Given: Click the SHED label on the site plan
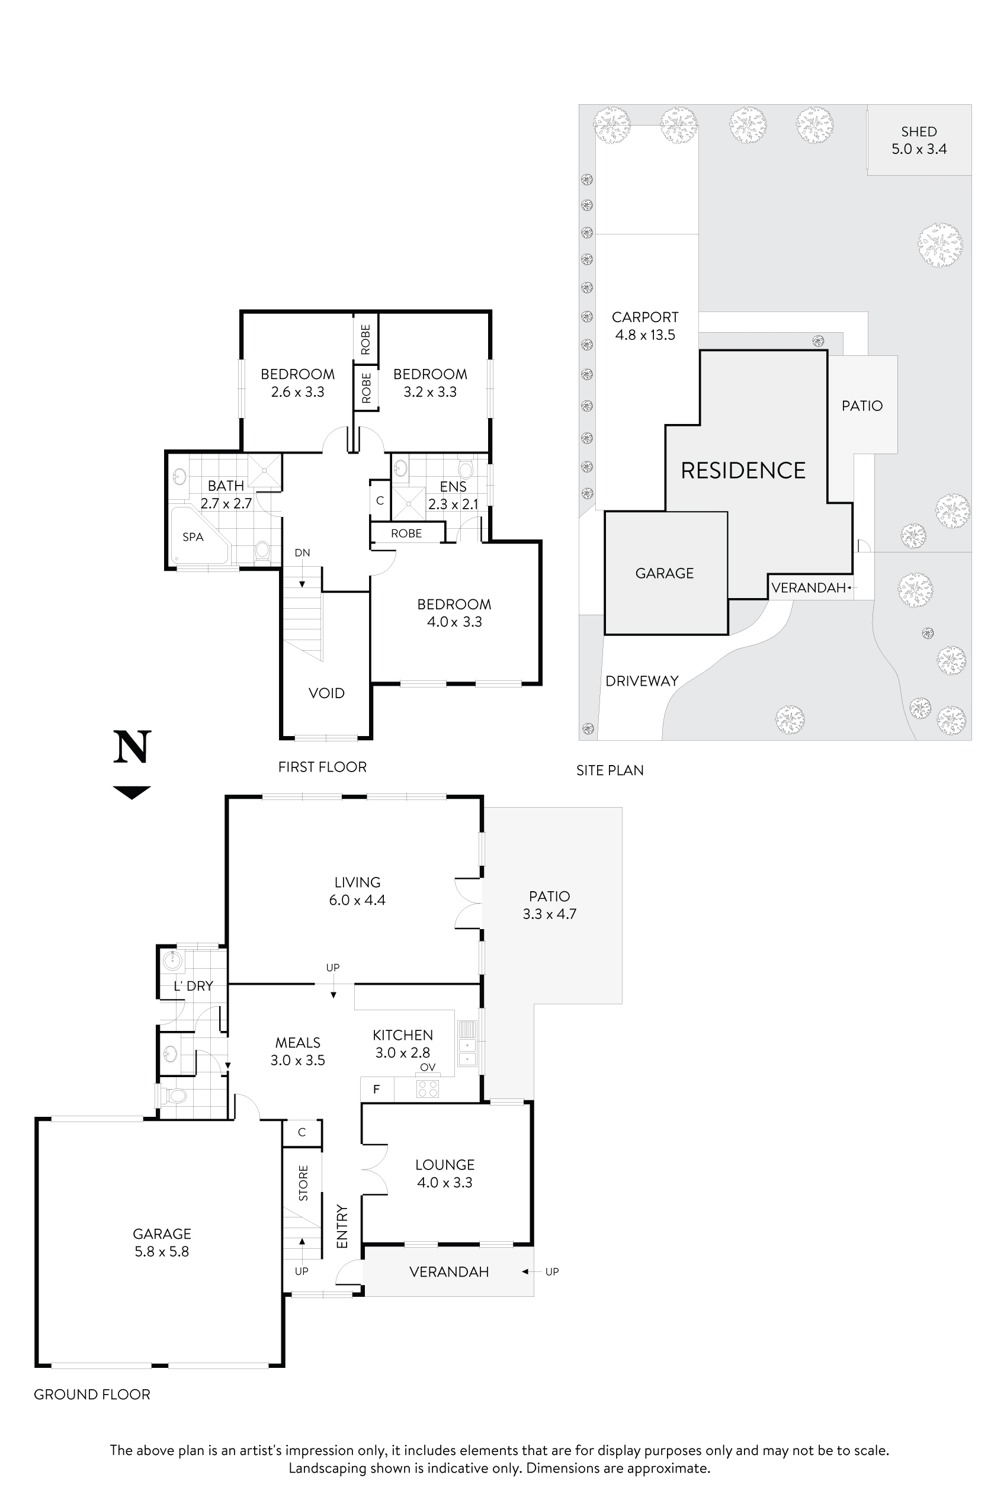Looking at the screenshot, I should [918, 131].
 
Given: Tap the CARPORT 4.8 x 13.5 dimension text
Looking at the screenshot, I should [645, 335].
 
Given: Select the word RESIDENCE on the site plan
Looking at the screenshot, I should [743, 471].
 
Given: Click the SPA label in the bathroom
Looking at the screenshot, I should [193, 536].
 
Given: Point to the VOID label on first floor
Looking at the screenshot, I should [326, 693].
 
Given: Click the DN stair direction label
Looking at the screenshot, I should [302, 552].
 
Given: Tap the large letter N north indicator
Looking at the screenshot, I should [132, 747].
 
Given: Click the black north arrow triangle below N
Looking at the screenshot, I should [132, 792].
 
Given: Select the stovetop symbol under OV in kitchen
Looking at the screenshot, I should [428, 1088].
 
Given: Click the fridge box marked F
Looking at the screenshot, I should [377, 1089].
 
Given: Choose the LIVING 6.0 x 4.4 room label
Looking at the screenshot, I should [357, 891].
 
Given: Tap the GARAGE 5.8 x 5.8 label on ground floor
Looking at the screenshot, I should [162, 1242].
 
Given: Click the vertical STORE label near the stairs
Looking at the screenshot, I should [303, 1183].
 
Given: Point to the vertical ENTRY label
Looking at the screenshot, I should [342, 1227].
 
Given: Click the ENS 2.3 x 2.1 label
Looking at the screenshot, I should [453, 495].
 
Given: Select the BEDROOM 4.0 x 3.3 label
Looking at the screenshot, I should [454, 612].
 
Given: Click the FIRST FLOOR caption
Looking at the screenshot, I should [322, 767].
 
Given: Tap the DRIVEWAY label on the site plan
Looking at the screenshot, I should [642, 681].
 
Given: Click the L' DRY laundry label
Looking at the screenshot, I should [193, 986].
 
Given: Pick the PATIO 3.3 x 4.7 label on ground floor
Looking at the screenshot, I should [549, 905].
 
